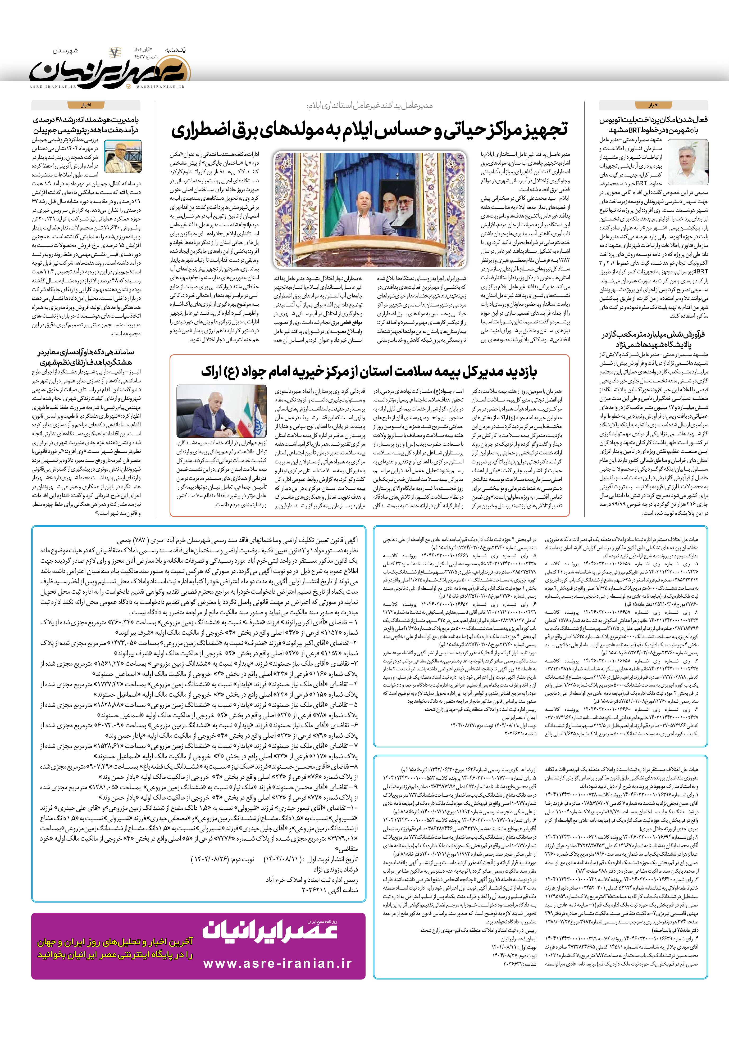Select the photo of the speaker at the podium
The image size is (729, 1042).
click(370, 210)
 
